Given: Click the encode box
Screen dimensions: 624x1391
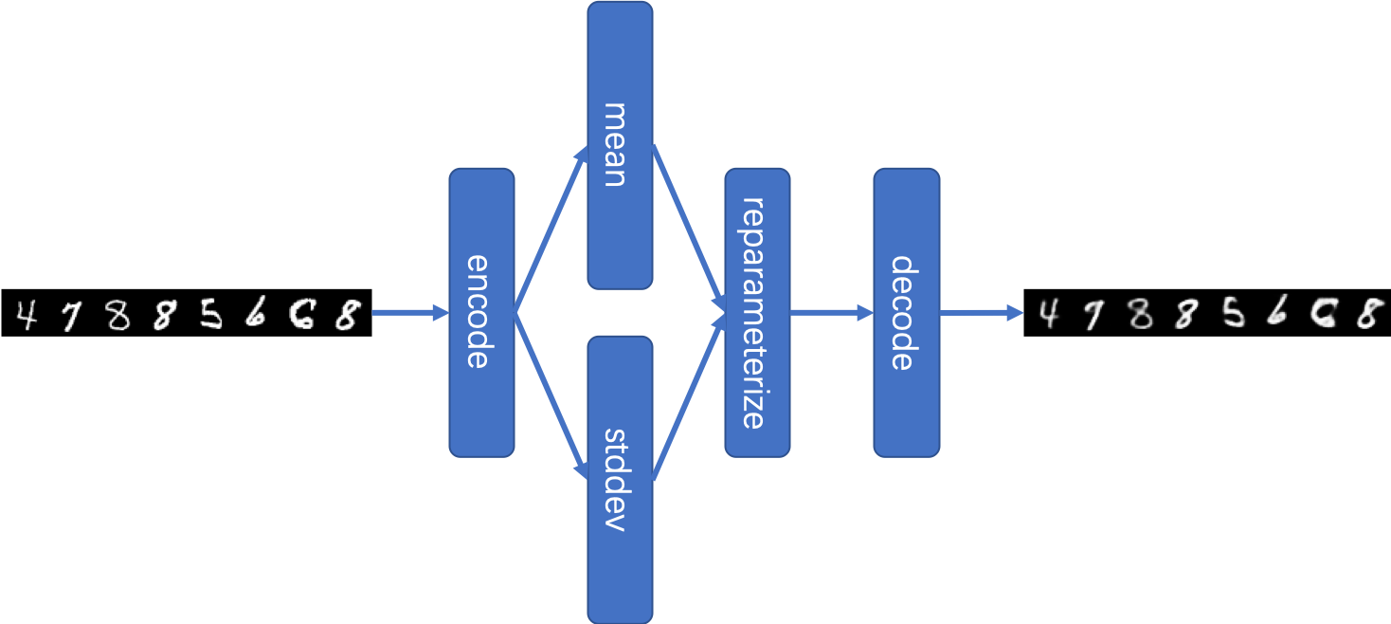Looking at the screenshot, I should coord(481,313).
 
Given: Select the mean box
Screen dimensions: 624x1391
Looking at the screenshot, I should coord(620,145).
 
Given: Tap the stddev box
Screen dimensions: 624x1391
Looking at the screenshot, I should coord(620,479).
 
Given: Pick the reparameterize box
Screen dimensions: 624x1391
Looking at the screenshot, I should coord(757,313).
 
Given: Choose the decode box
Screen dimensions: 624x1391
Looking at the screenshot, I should coord(906,313).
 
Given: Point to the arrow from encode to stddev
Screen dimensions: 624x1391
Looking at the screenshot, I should coord(551,395).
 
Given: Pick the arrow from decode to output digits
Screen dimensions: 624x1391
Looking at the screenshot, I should coord(982,312).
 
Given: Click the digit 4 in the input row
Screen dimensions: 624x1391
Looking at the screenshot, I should coord(27,314).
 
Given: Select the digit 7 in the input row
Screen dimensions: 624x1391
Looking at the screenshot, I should coord(69,316).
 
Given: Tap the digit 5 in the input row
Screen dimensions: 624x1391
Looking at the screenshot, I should coord(209,314).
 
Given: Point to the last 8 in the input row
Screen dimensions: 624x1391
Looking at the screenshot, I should coord(347,314).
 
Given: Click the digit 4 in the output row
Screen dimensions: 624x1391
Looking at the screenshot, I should coord(1047,313).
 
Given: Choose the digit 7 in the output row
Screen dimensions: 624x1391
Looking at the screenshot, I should coord(1093,315).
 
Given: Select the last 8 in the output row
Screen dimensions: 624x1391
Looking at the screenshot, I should coord(1365,313).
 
